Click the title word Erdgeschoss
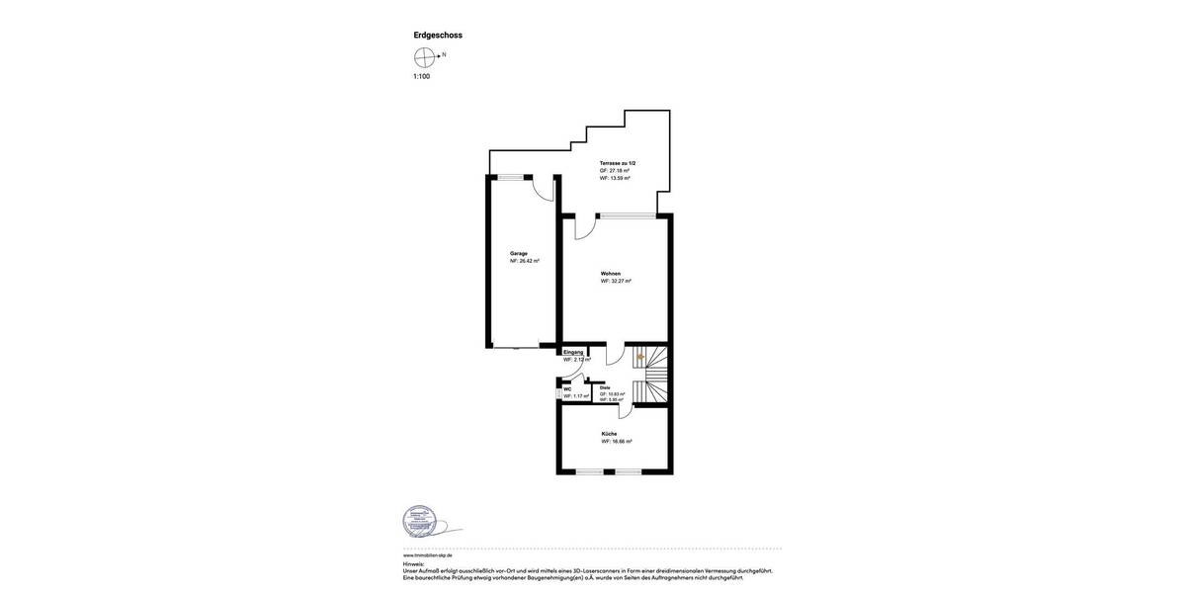click(x=438, y=36)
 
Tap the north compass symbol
click(x=425, y=57)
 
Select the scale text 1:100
click(x=422, y=76)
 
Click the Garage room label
click(x=519, y=253)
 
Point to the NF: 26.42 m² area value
click(x=525, y=261)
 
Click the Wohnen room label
click(x=611, y=273)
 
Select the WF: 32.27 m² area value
click(x=616, y=281)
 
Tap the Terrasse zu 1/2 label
click(x=618, y=163)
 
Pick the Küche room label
click(x=609, y=434)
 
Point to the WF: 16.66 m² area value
click(x=617, y=442)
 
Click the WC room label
click(x=567, y=388)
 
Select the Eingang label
click(x=573, y=352)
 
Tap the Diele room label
click(x=605, y=387)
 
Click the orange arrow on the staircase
click(x=640, y=357)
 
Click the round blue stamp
click(x=419, y=521)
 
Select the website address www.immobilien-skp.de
click(x=428, y=555)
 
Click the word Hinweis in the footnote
click(x=413, y=564)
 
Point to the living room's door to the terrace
click(x=585, y=226)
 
